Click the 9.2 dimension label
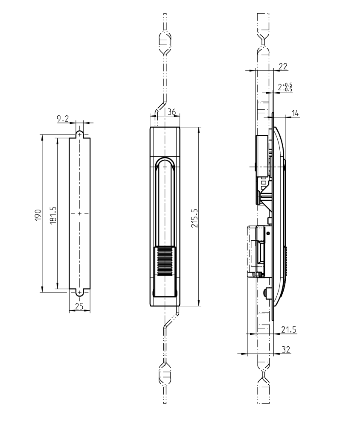tap(63, 119)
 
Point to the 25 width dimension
tap(78, 306)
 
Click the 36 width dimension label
tap(172, 111)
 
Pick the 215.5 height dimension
tap(194, 217)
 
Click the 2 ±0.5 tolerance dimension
tap(285, 87)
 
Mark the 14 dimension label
tap(296, 113)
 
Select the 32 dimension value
tap(286, 349)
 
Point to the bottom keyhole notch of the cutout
tap(79, 292)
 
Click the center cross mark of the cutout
tap(79, 213)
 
